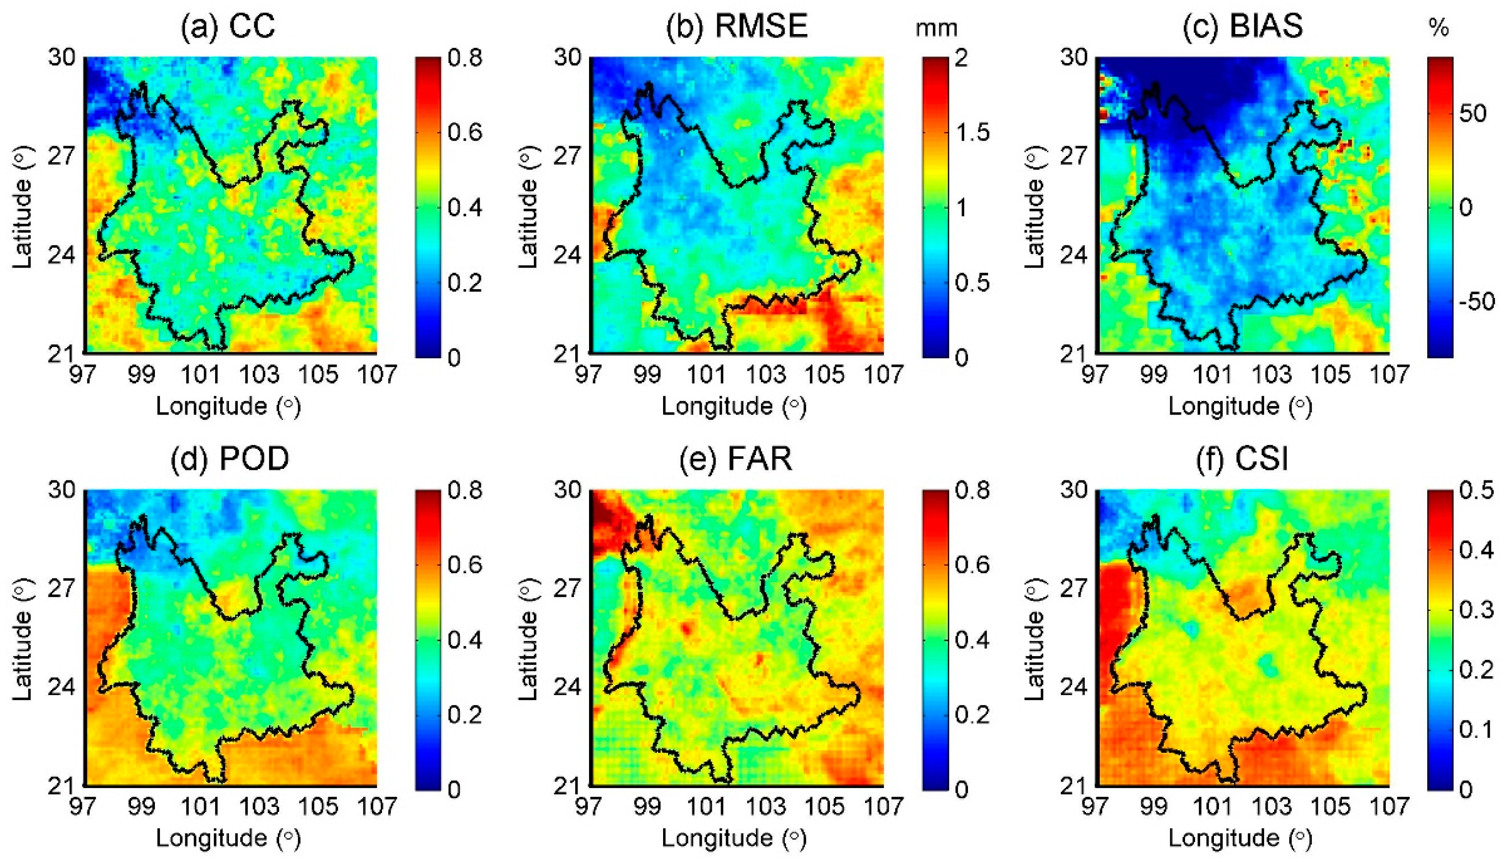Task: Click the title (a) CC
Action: pos(229,26)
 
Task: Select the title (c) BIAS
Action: pos(1243,26)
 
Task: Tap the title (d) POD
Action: pos(230,458)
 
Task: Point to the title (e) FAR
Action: pos(736,458)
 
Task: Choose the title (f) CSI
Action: pos(1242,458)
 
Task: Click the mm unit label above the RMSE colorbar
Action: pos(936,28)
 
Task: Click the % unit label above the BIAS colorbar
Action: pos(1439,28)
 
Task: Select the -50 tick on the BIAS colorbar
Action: pos(1477,302)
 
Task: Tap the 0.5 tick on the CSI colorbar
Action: pos(1477,491)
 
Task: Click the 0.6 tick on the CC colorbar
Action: pos(465,132)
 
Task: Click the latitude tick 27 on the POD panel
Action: pos(62,589)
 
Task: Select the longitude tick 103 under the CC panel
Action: pos(259,374)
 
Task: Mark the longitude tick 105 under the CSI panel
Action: pos(1330,806)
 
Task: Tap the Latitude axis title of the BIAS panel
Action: pos(1033,207)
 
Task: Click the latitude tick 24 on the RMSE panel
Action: pos(567,256)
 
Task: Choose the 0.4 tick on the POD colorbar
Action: pos(465,640)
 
